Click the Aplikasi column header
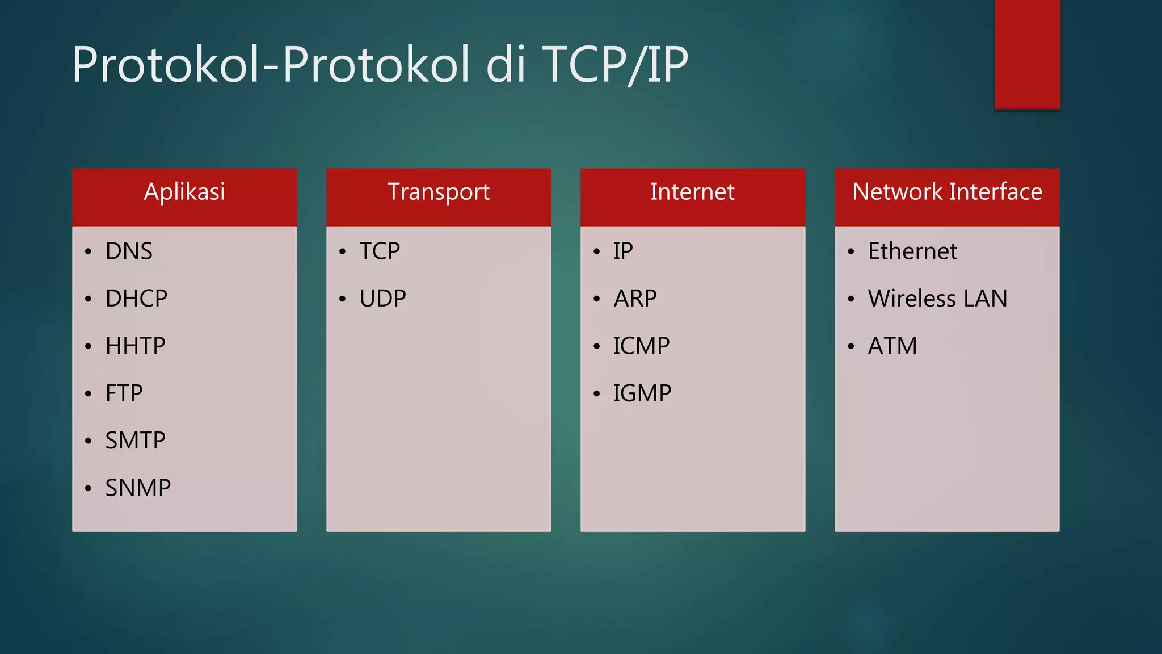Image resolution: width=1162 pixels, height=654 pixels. point(184,192)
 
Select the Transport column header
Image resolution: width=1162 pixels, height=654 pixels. point(438,192)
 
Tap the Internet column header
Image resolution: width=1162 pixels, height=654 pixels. point(692,192)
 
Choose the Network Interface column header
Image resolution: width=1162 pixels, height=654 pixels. point(947,192)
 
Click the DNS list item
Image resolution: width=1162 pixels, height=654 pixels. point(129,251)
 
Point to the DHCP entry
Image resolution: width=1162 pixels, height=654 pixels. point(136,299)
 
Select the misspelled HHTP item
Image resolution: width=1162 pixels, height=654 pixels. point(135,346)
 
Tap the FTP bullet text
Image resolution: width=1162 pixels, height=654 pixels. point(124,393)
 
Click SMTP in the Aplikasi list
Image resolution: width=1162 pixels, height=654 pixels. point(135,441)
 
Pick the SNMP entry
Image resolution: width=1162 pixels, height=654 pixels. point(138,488)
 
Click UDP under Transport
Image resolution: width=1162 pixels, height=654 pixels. point(382,299)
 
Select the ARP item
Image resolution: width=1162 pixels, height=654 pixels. point(635,299)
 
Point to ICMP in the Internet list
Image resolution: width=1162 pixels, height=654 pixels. point(641,346)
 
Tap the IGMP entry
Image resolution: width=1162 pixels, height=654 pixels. point(642,393)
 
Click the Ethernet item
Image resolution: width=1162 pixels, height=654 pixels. point(912,251)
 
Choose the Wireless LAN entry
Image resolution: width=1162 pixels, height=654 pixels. point(937,299)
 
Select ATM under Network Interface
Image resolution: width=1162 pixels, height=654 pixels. point(892,346)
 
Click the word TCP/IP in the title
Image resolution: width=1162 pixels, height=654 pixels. point(615,65)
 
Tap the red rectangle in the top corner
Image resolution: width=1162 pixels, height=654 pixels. point(1027,54)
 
